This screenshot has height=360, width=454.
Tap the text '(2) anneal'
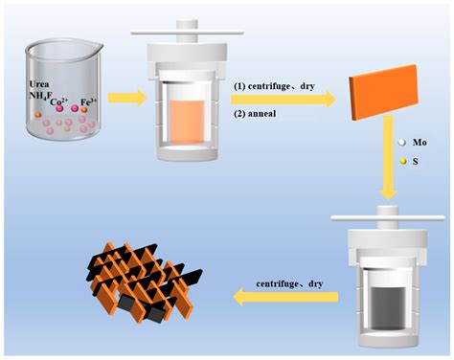[x=256, y=113]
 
